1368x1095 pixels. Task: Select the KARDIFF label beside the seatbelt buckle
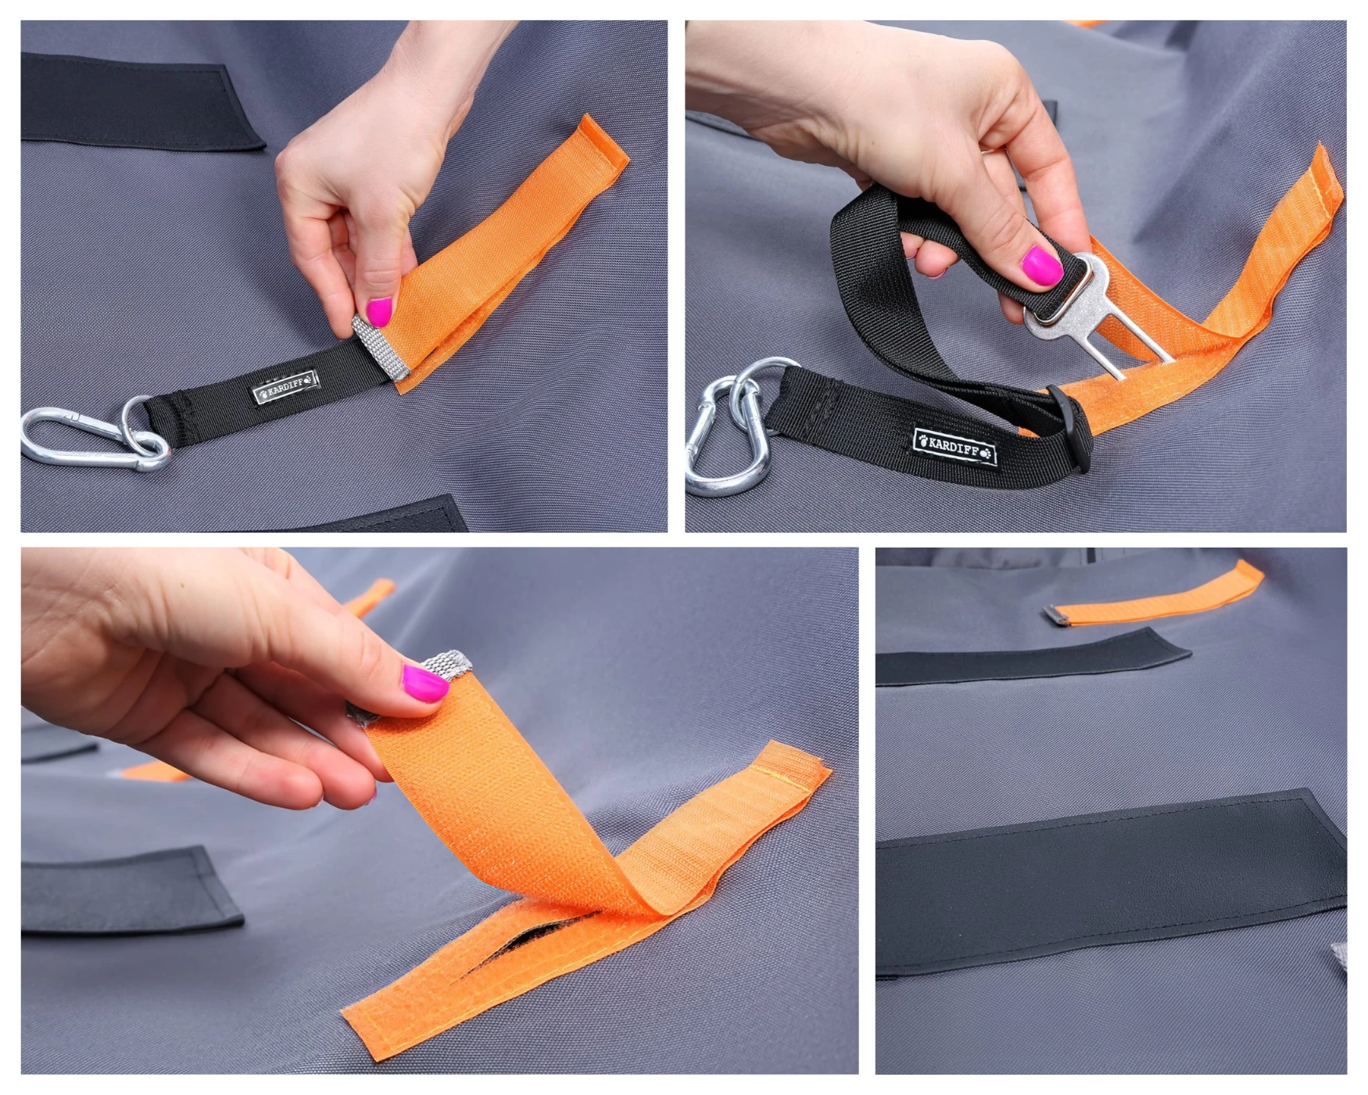click(x=955, y=447)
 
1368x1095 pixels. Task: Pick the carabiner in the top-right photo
click(x=723, y=438)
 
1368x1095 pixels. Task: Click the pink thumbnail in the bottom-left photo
click(x=425, y=682)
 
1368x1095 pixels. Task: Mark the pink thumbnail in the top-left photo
click(x=379, y=312)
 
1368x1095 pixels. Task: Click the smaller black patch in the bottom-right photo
click(x=1032, y=656)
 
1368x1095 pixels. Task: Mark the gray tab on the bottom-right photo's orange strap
click(x=1057, y=616)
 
